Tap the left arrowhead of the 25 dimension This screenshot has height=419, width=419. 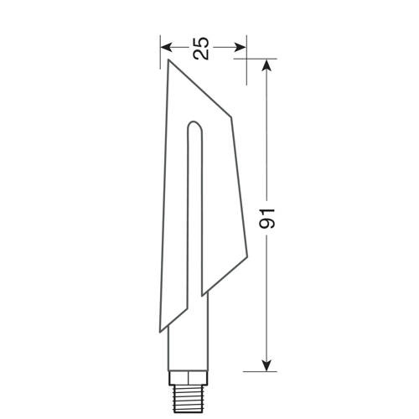click(x=165, y=47)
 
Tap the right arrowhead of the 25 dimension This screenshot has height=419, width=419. click(x=243, y=47)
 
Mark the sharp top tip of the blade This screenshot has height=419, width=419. click(x=168, y=59)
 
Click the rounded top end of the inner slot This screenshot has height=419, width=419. click(x=194, y=128)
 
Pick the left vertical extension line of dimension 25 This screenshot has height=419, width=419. click(x=162, y=52)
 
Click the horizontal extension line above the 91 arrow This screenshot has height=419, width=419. click(x=256, y=59)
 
